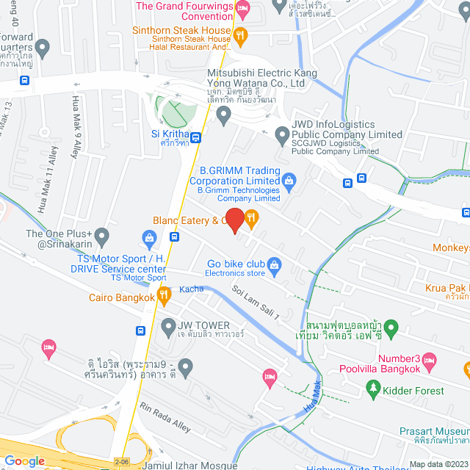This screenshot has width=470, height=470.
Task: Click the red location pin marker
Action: pos(234,220)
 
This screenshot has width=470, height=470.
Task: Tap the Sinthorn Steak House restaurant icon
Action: pos(239,35)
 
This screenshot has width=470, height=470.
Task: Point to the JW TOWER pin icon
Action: pos(168,325)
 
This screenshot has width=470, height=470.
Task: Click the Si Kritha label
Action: pos(170,134)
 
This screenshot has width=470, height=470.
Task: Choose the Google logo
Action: pos(23,460)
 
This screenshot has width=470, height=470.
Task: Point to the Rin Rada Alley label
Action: pos(165,419)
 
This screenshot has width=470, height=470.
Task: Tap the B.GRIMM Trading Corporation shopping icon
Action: pos(289,178)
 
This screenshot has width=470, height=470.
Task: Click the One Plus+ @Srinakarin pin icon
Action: pos(102,236)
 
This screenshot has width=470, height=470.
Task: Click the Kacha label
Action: pos(192,289)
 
